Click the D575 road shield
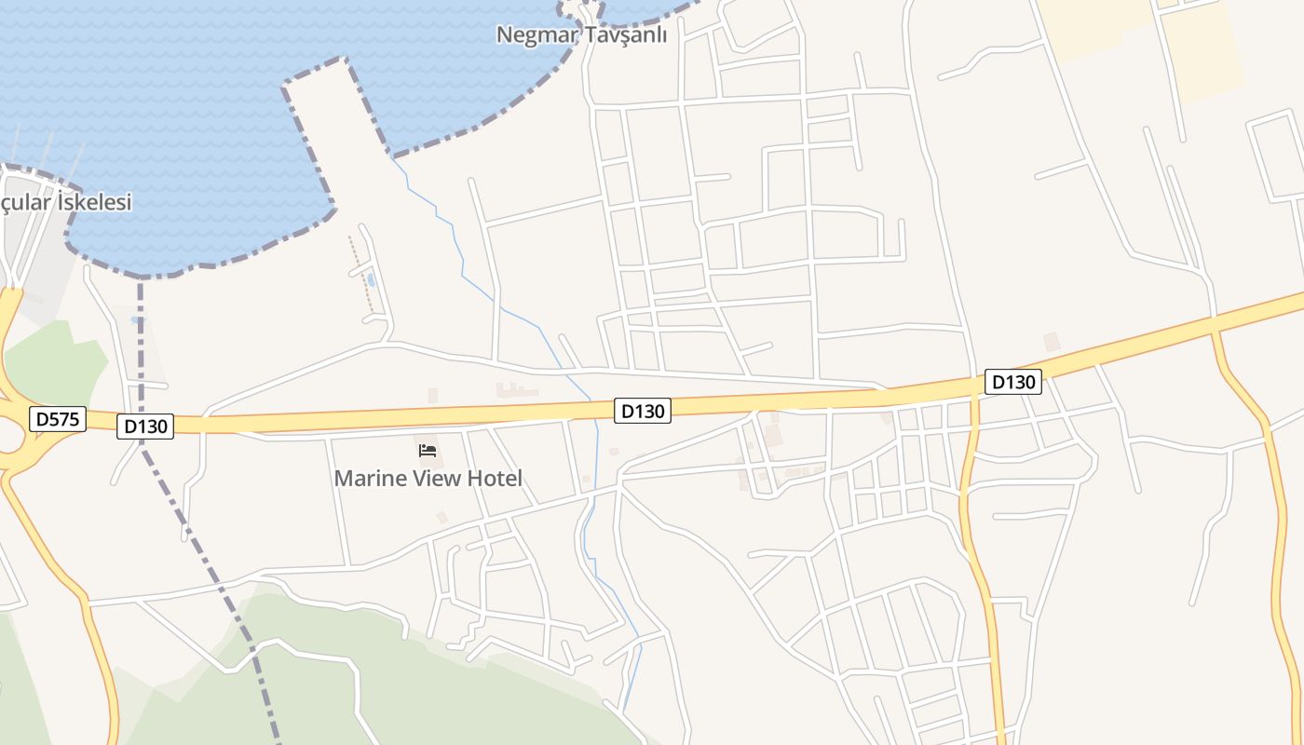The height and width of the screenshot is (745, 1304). point(58,419)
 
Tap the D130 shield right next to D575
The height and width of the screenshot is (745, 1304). point(145,427)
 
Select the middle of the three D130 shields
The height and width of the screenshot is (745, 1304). point(643,410)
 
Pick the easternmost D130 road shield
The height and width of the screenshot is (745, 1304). point(1013,381)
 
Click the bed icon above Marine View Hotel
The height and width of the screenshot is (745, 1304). point(428,451)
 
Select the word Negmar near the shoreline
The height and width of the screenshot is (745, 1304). point(536,35)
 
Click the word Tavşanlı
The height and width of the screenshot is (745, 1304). point(626,35)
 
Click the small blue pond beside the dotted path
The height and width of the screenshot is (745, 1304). point(372,279)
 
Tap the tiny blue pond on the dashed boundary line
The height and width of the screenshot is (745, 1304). point(139,320)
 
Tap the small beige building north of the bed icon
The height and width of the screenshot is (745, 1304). point(433,396)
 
